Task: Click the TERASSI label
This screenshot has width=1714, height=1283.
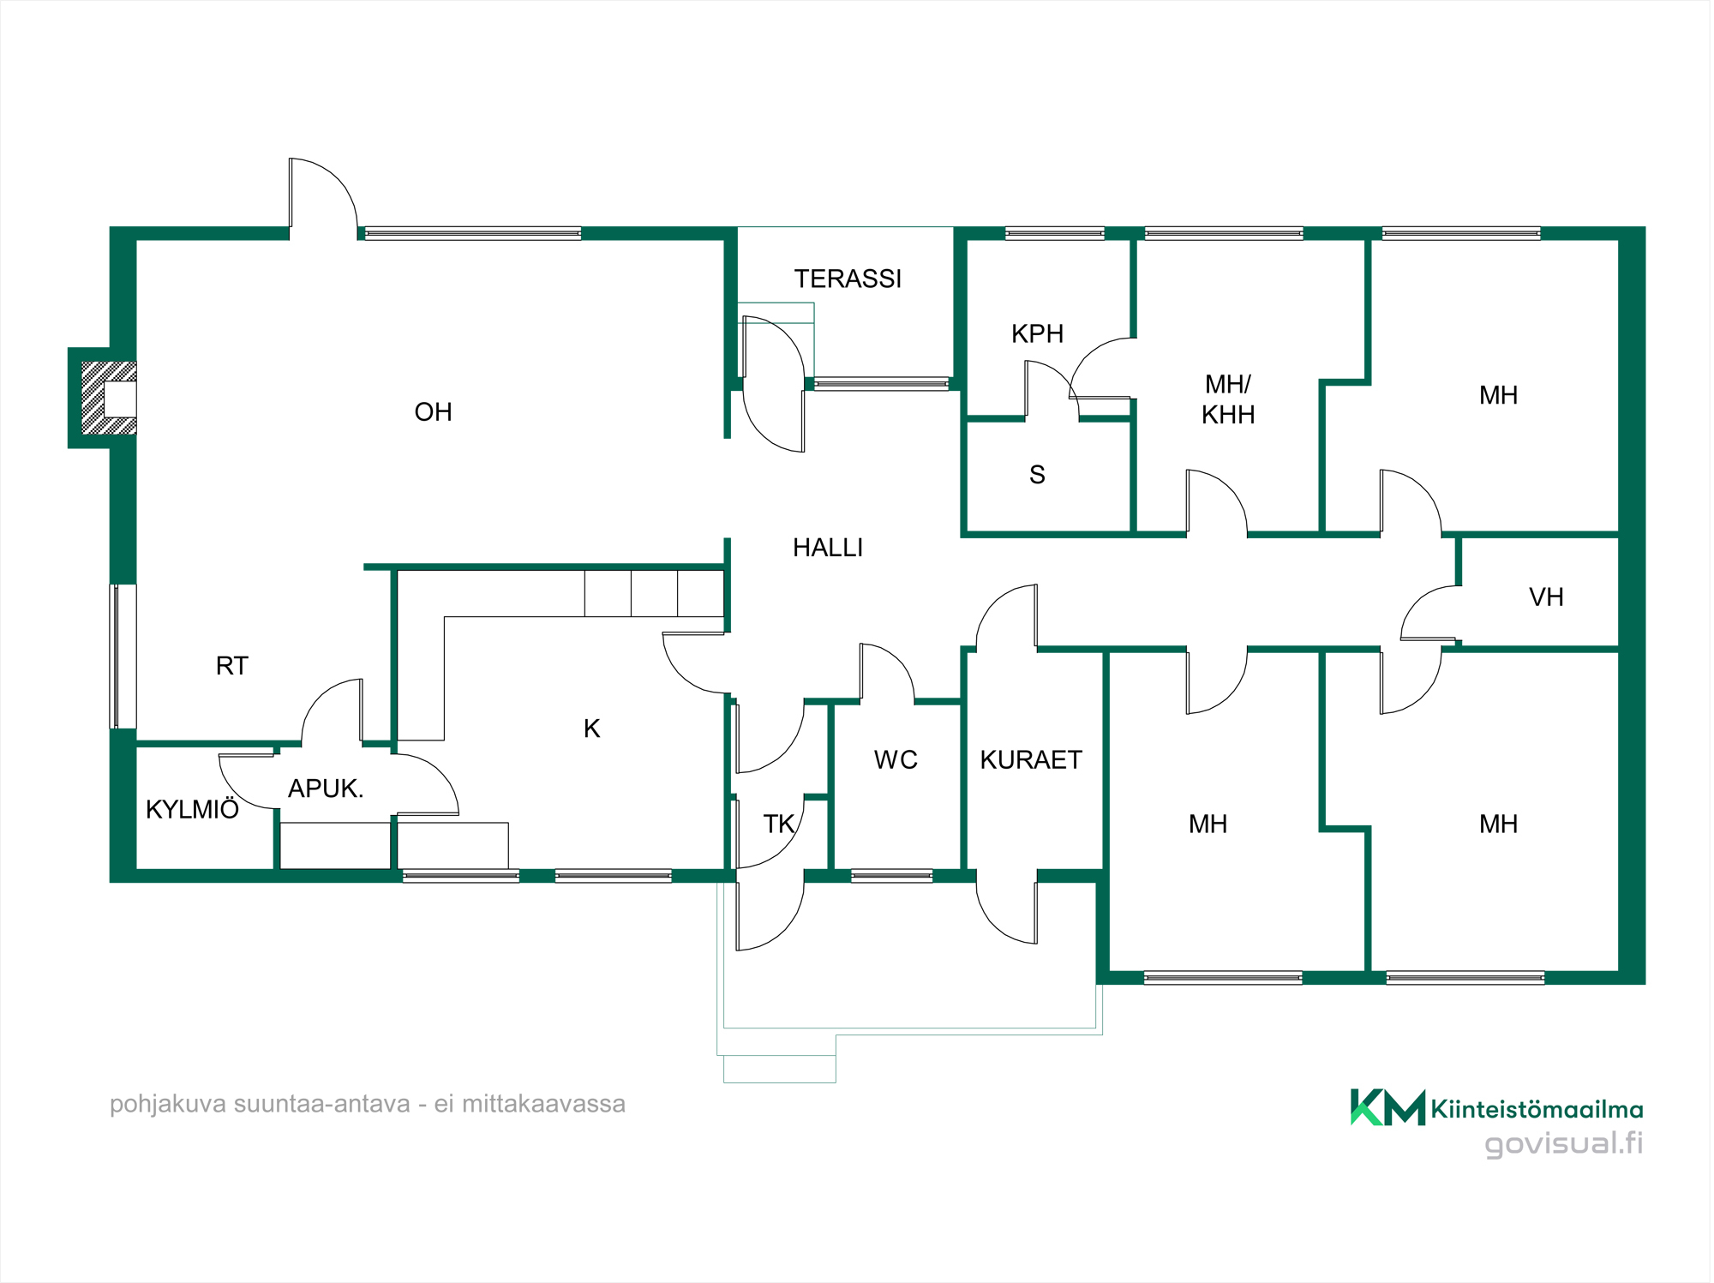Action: (848, 279)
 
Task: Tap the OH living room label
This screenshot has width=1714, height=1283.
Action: (433, 412)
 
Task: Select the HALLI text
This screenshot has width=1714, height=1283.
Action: (828, 548)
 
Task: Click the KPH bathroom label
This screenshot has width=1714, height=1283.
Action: (1037, 333)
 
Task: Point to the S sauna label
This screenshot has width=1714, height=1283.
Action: (1037, 475)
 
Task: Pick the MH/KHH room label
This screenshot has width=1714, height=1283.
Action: (1228, 399)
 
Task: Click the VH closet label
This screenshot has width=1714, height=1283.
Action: (1546, 597)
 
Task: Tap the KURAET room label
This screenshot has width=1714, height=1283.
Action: (1031, 760)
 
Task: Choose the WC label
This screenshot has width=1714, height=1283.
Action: (896, 760)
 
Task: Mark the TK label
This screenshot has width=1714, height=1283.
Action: (779, 824)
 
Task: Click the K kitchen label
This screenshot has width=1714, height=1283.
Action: (591, 728)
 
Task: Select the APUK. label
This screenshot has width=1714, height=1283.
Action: (326, 788)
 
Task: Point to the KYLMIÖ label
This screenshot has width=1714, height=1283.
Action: (192, 809)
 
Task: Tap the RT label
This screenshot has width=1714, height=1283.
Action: (232, 666)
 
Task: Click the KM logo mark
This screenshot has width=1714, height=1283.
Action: (1387, 1107)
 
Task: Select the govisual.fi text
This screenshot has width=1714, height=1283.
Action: (1564, 1143)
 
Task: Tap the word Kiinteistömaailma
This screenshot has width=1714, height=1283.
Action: (1537, 1110)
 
